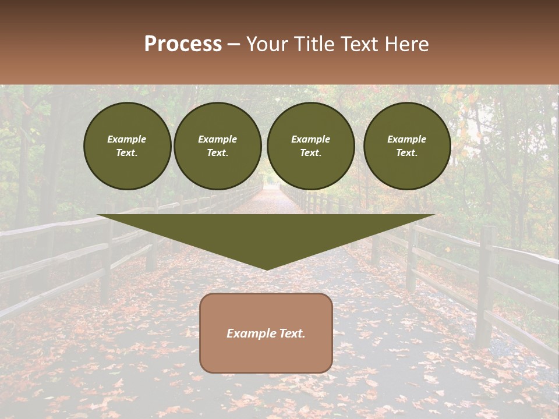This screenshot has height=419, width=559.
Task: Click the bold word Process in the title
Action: pos(183,44)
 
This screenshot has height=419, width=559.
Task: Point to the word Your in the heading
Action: pos(267,44)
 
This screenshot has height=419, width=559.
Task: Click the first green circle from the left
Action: pos(127,146)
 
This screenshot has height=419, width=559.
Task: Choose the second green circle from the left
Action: pos(217,146)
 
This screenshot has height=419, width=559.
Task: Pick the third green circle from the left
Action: pos(310,146)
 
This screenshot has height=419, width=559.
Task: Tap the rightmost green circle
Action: pos(406,146)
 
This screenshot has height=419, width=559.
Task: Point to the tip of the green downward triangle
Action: pos(266,269)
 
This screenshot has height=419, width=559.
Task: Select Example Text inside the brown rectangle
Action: pos(266,333)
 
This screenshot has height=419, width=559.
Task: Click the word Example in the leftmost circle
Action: pos(127,139)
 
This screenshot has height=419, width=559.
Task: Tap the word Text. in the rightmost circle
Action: pos(406,153)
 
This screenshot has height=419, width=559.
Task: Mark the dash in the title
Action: pos(233,45)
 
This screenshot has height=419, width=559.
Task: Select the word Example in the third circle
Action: pos(310,139)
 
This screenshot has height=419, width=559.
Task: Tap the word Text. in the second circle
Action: pos(217,153)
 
